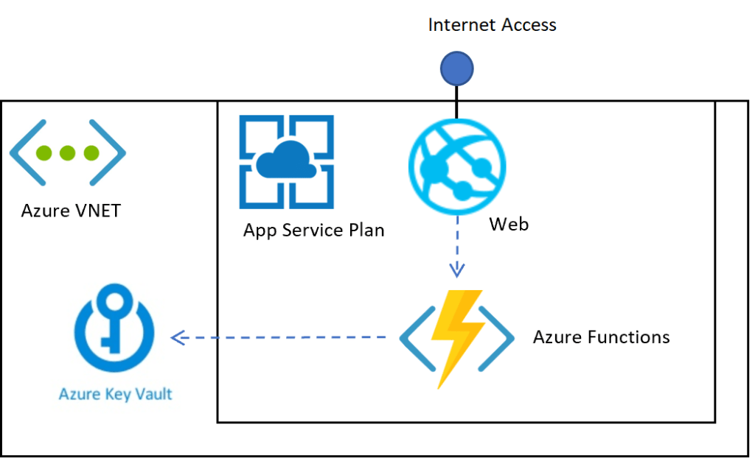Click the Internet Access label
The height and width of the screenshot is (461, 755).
pyautogui.click(x=492, y=25)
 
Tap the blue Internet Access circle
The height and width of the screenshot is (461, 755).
pyautogui.click(x=456, y=68)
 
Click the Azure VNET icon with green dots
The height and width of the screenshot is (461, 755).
pyautogui.click(x=68, y=153)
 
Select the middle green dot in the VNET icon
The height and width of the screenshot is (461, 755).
pyautogui.click(x=68, y=153)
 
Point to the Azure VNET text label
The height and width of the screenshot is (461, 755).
pyautogui.click(x=71, y=211)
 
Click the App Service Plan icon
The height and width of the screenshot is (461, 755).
pyautogui.click(x=286, y=161)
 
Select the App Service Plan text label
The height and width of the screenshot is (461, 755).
pyautogui.click(x=313, y=230)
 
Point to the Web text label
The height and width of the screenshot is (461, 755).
pyautogui.click(x=509, y=224)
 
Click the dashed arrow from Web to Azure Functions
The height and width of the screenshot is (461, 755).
pyautogui.click(x=457, y=247)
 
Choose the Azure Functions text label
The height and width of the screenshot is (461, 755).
pyautogui.click(x=601, y=337)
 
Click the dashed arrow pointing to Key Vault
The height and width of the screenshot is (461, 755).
pyautogui.click(x=280, y=338)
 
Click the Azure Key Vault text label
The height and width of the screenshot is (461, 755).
pyautogui.click(x=115, y=394)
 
